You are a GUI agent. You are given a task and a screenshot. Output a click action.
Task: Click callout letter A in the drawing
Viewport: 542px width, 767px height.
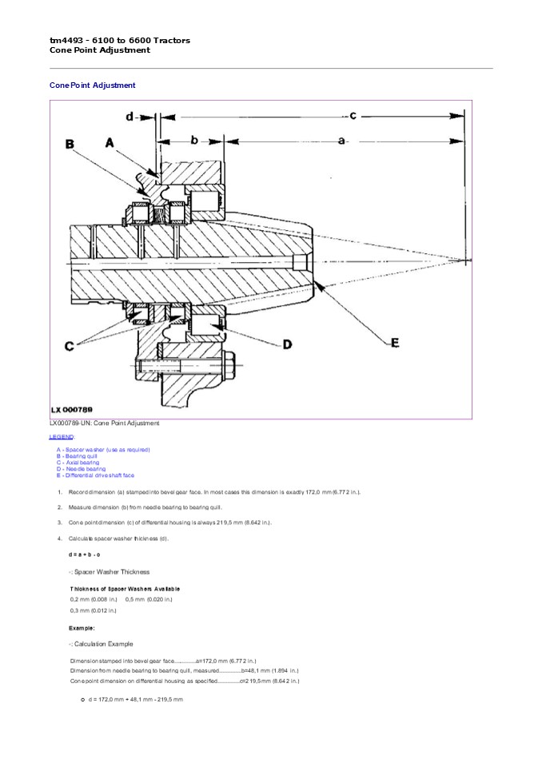tap(110, 142)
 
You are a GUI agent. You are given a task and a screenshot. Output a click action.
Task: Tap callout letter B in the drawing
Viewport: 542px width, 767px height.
tap(70, 145)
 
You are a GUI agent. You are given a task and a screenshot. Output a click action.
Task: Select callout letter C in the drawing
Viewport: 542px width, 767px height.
tap(70, 346)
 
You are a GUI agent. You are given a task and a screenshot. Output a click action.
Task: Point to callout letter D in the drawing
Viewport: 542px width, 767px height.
tap(288, 344)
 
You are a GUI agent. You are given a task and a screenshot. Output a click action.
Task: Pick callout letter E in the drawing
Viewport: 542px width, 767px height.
tap(394, 343)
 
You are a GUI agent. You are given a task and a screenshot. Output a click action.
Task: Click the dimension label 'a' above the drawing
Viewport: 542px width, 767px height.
tap(342, 141)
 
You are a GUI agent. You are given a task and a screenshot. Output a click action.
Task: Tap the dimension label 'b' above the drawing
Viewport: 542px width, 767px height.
tap(194, 140)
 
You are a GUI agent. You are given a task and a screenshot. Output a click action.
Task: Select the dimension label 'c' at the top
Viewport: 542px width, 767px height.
tap(352, 114)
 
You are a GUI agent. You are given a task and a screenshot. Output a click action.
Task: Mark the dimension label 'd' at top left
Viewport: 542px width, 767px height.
tap(130, 117)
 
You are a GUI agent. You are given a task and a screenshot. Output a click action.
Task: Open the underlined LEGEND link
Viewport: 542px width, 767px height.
tap(62, 437)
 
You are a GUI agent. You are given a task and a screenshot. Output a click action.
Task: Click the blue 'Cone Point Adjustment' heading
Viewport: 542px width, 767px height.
tap(93, 85)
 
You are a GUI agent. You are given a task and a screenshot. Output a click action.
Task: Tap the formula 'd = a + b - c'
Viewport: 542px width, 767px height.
tap(85, 554)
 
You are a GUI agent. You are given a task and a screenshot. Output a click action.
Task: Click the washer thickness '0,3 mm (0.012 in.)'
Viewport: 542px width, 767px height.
tap(94, 610)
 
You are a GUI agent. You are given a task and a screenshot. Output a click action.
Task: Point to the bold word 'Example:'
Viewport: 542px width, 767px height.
tap(82, 628)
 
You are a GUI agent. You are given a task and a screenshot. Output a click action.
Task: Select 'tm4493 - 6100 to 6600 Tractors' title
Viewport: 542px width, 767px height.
tap(120, 40)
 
